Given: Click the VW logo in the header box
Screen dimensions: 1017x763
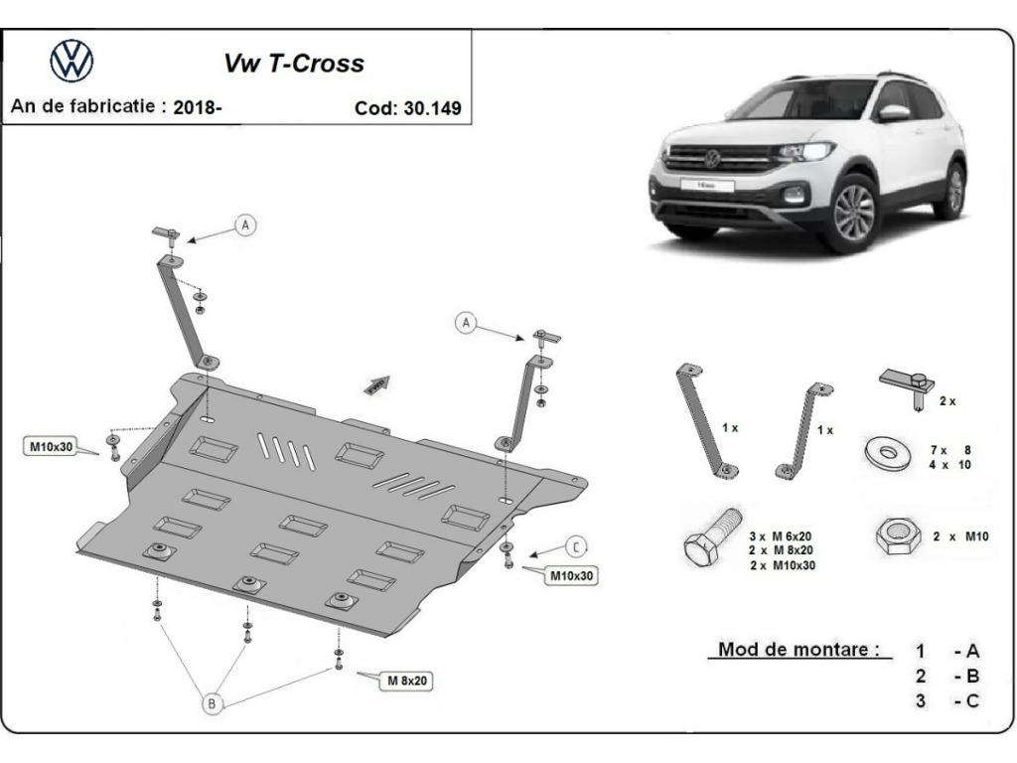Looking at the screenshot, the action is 72,61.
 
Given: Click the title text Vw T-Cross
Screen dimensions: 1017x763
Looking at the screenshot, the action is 294,64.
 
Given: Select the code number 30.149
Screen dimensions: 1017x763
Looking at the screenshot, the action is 433,107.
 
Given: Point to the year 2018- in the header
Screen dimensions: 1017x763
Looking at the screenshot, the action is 198,106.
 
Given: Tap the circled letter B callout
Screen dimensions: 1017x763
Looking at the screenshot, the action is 213,703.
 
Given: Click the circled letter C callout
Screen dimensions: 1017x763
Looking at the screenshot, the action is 576,547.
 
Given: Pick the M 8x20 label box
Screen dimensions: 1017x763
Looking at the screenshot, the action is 406,681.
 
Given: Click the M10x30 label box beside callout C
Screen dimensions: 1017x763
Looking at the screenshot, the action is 571,575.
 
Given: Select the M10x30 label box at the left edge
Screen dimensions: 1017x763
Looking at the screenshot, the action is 52,446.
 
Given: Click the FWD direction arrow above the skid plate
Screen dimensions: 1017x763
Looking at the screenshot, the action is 377,384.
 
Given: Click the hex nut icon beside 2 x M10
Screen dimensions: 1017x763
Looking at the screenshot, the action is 898,536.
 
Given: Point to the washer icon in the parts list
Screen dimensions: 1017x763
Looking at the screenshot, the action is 887,452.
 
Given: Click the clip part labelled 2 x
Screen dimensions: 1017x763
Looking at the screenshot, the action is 907,387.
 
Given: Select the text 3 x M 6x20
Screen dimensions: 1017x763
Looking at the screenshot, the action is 782,536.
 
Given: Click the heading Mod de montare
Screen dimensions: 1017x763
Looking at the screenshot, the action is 799,649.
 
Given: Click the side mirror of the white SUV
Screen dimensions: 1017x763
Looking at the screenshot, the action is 894,112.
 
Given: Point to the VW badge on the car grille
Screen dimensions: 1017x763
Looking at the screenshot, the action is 712,159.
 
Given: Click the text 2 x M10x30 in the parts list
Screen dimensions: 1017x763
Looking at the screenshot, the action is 783,565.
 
